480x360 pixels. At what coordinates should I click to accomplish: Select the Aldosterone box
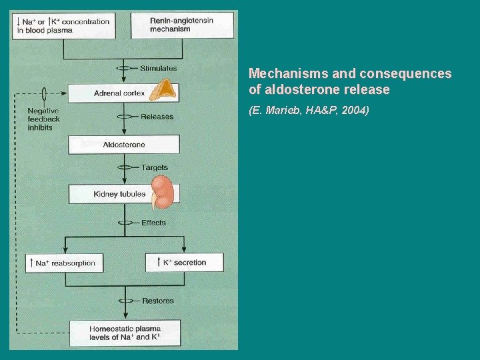[124, 145]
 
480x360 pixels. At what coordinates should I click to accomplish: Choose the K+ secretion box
[185, 263]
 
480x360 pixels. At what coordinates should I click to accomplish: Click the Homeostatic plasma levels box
[125, 333]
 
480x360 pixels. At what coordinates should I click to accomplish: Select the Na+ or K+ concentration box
[63, 25]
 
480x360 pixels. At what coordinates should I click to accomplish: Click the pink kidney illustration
[163, 193]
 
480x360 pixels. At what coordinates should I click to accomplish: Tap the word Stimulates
[158, 68]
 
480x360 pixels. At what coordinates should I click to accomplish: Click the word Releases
[157, 117]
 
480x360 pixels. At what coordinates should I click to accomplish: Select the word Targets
[154, 167]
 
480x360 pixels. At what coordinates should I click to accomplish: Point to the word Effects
[153, 223]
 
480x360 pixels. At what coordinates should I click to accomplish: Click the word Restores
[157, 301]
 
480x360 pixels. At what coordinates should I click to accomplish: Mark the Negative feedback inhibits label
[43, 119]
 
